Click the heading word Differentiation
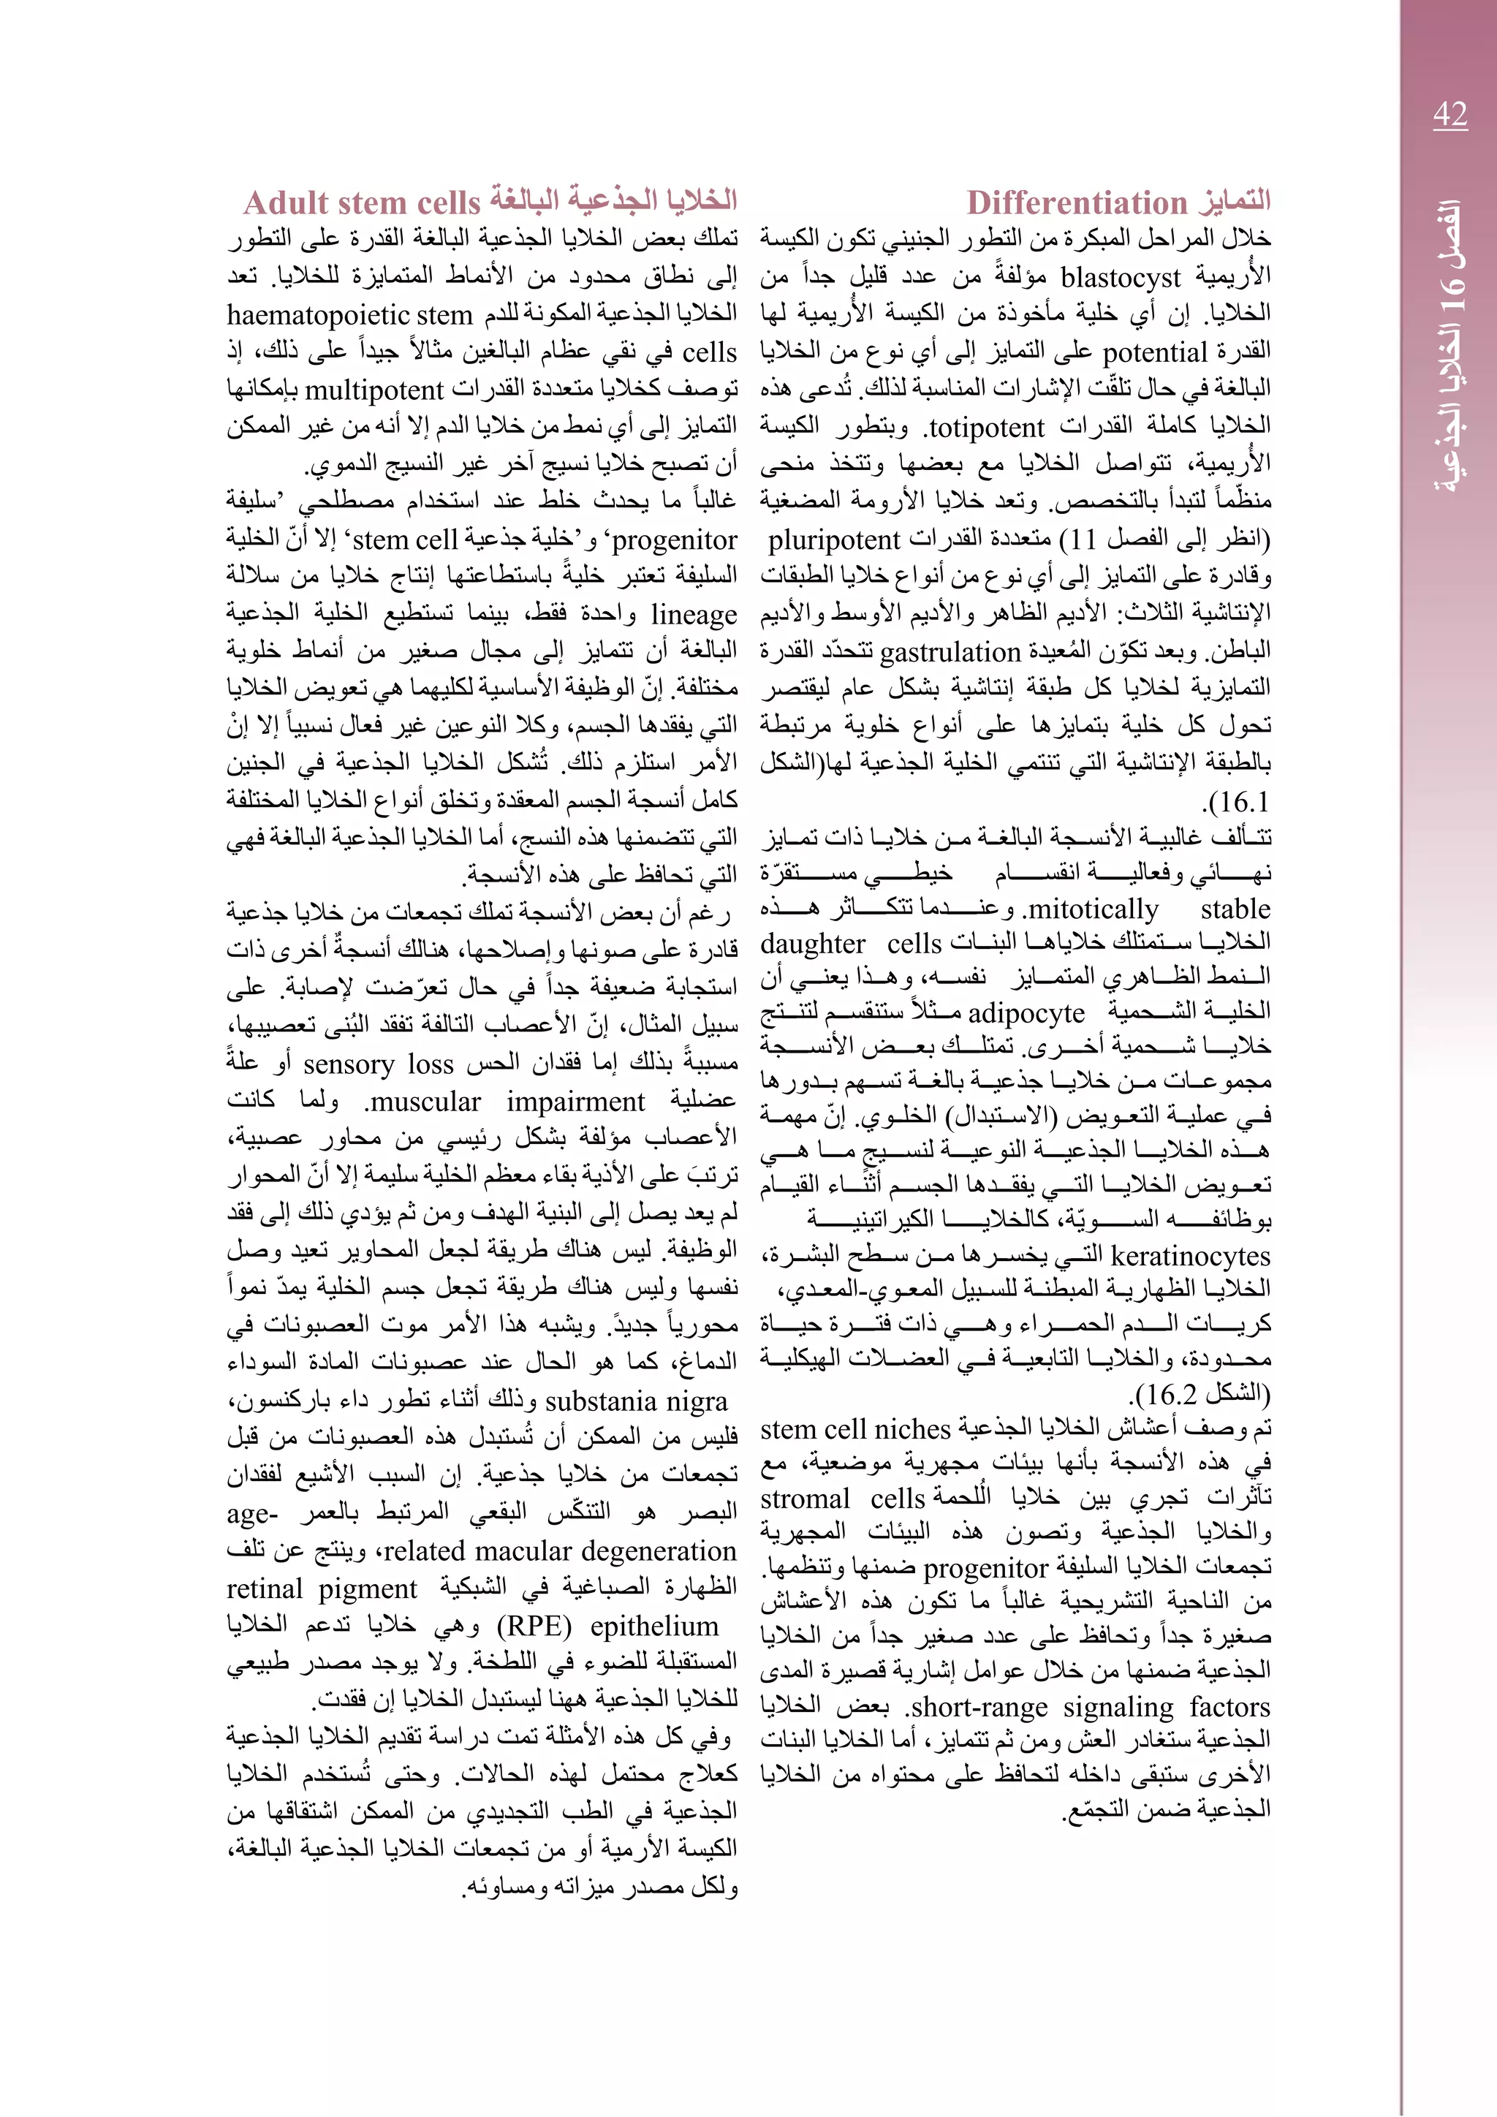point(1077,202)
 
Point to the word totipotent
point(986,428)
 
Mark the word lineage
point(693,614)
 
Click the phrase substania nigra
point(636,1401)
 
